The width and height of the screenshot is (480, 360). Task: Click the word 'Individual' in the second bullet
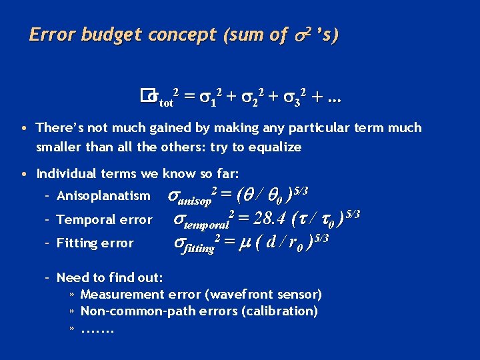(67, 174)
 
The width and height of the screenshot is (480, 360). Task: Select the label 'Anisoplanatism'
(104, 196)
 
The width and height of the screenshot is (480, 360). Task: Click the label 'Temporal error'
(105, 219)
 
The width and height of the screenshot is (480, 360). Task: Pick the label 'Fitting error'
(95, 243)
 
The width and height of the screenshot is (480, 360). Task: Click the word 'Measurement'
(122, 294)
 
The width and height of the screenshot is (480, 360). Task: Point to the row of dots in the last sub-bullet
(98, 328)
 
